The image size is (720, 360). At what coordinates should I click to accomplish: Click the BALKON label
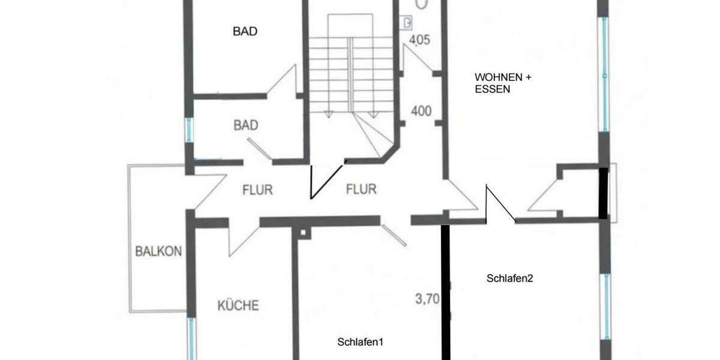(158, 251)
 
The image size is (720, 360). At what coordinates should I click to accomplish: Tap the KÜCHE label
(238, 305)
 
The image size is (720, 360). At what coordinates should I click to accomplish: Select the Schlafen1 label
(360, 342)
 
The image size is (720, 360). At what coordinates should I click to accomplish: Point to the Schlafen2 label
(510, 278)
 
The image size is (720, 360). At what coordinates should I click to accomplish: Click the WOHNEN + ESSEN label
(503, 83)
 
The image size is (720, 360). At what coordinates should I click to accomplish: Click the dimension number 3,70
(427, 298)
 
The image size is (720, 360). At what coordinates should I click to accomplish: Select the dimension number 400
(422, 111)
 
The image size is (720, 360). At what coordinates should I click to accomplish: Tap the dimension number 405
(420, 40)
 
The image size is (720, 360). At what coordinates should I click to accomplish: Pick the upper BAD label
(245, 32)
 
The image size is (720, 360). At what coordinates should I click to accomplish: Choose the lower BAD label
(246, 125)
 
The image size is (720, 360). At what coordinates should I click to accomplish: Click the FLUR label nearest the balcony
(257, 190)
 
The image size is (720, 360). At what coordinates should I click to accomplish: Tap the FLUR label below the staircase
(361, 190)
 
